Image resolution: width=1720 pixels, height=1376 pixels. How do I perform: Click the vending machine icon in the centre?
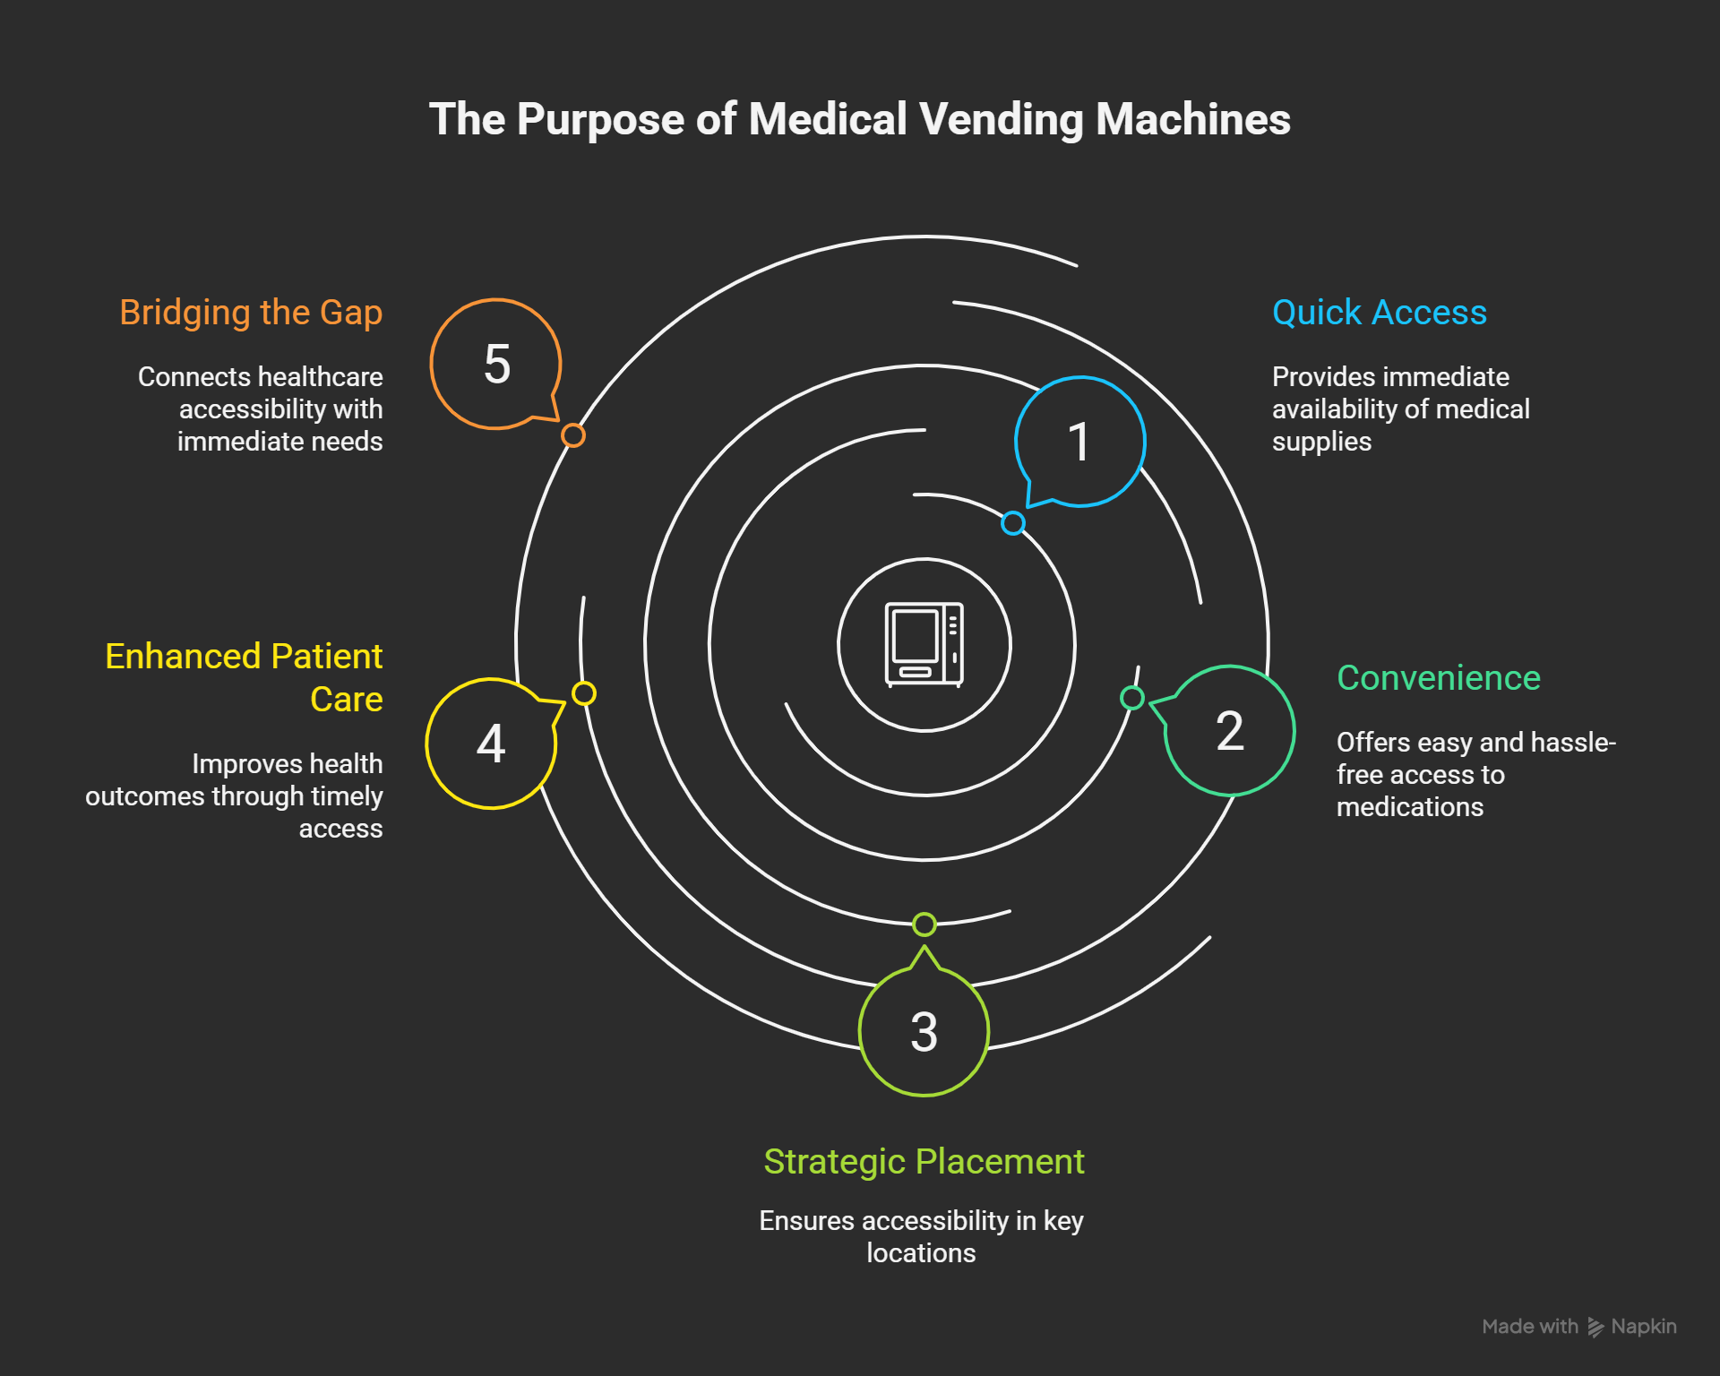[x=924, y=644]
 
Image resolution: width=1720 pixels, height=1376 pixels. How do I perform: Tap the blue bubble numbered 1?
[x=1079, y=442]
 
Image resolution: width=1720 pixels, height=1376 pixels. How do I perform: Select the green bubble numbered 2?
[x=1229, y=731]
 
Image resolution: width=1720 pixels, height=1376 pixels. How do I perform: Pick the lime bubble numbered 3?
[x=924, y=1032]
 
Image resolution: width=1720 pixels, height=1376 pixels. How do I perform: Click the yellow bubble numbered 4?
[x=491, y=744]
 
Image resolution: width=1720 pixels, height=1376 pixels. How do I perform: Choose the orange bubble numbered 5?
[x=496, y=365]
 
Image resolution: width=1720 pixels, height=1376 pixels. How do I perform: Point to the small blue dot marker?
[x=1012, y=523]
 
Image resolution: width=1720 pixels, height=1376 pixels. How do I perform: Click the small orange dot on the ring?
[x=573, y=435]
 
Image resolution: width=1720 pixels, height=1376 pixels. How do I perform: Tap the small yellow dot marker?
[x=584, y=693]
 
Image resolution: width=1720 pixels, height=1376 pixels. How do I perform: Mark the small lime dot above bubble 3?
[x=924, y=924]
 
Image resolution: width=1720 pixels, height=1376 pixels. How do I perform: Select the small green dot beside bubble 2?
[x=1132, y=698]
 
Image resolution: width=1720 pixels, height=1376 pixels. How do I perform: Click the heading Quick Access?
[x=1379, y=313]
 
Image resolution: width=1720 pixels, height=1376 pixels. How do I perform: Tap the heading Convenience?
[x=1438, y=678]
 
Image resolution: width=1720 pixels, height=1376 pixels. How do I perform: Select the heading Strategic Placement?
[x=924, y=1162]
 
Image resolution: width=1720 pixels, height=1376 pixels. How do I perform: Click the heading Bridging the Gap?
[x=251, y=313]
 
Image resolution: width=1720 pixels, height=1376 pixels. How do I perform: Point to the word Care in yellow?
[x=346, y=700]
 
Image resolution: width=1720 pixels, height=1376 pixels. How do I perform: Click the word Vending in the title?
[x=1001, y=119]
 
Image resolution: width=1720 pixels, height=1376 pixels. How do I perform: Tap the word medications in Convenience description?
[x=1409, y=807]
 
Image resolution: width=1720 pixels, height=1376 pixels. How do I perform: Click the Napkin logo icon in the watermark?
[x=1595, y=1327]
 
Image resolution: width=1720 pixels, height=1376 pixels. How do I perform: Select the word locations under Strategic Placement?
[x=921, y=1253]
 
